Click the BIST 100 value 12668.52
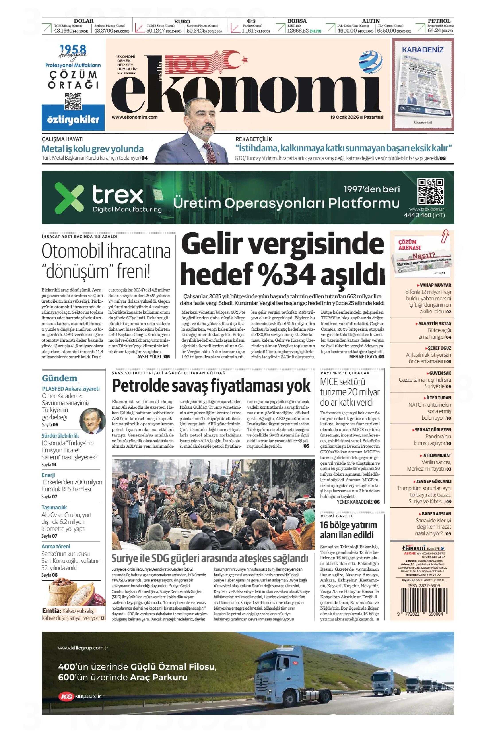pos(297,31)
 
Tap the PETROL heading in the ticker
pos(439,21)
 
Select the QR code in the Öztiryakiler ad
pos(73,101)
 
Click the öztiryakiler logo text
pos(73,120)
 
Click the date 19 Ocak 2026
pos(344,117)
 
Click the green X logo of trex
pos(69,197)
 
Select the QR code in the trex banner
pos(431,191)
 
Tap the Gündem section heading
pos(60,378)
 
